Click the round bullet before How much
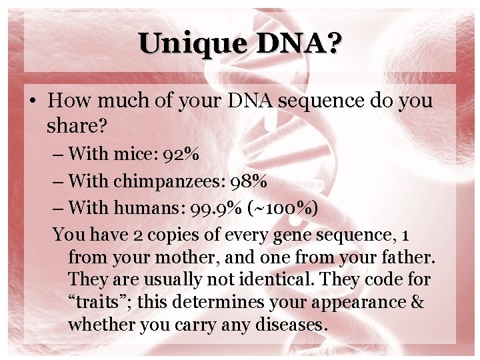point(31,101)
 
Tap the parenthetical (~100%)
point(281,207)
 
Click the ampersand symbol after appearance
point(417,302)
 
